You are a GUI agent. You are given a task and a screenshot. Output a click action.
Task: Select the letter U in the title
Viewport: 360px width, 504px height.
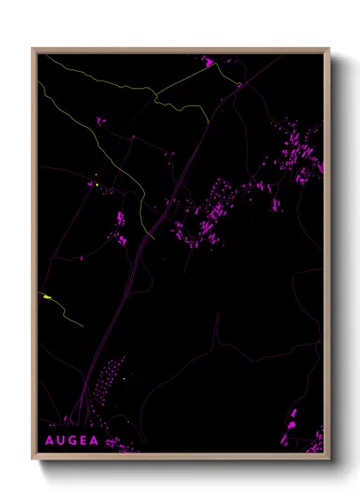tap(59, 441)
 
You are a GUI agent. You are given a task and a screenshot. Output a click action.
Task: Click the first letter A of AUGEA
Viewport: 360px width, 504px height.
tap(47, 441)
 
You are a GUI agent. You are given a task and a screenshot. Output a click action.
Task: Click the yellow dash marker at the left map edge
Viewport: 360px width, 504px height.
tap(47, 297)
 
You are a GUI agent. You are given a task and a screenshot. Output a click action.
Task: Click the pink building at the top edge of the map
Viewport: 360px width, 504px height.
tap(207, 61)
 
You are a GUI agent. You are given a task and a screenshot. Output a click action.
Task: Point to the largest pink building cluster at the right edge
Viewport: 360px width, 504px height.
tap(300, 154)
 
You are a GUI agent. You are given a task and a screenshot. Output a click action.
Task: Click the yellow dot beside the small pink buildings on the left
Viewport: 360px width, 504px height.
tap(98, 185)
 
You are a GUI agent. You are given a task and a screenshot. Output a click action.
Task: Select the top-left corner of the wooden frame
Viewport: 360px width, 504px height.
tap(33, 50)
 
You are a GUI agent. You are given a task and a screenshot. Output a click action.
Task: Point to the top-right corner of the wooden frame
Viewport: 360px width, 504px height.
tap(328, 50)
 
